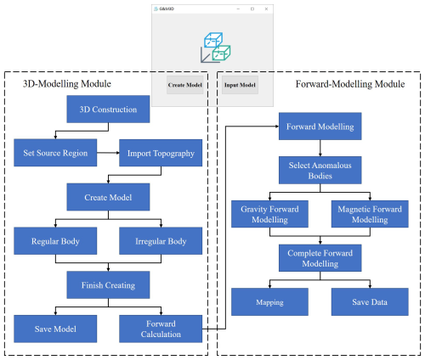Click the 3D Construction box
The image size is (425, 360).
tap(108, 109)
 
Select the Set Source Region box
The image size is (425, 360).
tap(55, 153)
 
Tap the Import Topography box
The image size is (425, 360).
tap(161, 153)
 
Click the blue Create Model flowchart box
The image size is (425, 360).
tap(108, 197)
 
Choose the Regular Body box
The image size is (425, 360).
tap(55, 241)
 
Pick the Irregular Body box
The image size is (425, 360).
tap(161, 241)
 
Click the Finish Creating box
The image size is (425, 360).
tap(108, 284)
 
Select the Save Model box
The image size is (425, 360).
tap(55, 329)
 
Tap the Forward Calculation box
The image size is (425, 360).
tap(161, 329)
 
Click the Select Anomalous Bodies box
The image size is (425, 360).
tap(320, 170)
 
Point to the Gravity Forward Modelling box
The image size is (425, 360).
tap(269, 214)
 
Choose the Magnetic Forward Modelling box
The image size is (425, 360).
tap(370, 214)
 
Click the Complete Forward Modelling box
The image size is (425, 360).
tap(320, 258)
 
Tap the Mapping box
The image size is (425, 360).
tap(269, 301)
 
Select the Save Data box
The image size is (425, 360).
tap(370, 301)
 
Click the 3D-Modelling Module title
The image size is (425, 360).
tap(67, 84)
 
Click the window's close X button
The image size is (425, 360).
tap(266, 9)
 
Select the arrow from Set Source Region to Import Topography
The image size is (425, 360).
tap(108, 153)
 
